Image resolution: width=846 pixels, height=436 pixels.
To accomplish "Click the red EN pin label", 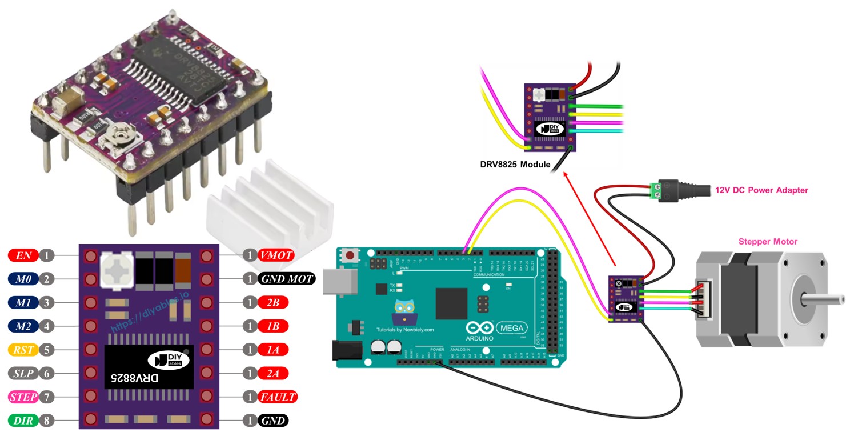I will coord(23,255).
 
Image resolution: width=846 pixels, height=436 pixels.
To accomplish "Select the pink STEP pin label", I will coord(23,397).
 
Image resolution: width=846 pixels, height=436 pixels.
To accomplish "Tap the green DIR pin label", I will coord(23,421).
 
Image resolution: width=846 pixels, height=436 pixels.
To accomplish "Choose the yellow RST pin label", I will coord(23,349).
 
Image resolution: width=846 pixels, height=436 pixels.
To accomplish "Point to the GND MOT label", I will coord(287,279).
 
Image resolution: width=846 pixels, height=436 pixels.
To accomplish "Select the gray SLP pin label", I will coord(23,373).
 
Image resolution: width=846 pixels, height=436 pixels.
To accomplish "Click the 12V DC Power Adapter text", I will coord(761,190).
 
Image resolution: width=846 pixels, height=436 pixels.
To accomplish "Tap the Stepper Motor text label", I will coord(768,242).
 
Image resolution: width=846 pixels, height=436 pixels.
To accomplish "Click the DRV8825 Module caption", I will coord(515,165).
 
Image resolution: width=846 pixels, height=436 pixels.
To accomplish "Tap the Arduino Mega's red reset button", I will coord(349,254).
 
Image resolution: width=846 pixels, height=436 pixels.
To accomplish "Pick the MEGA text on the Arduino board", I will coord(511,328).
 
